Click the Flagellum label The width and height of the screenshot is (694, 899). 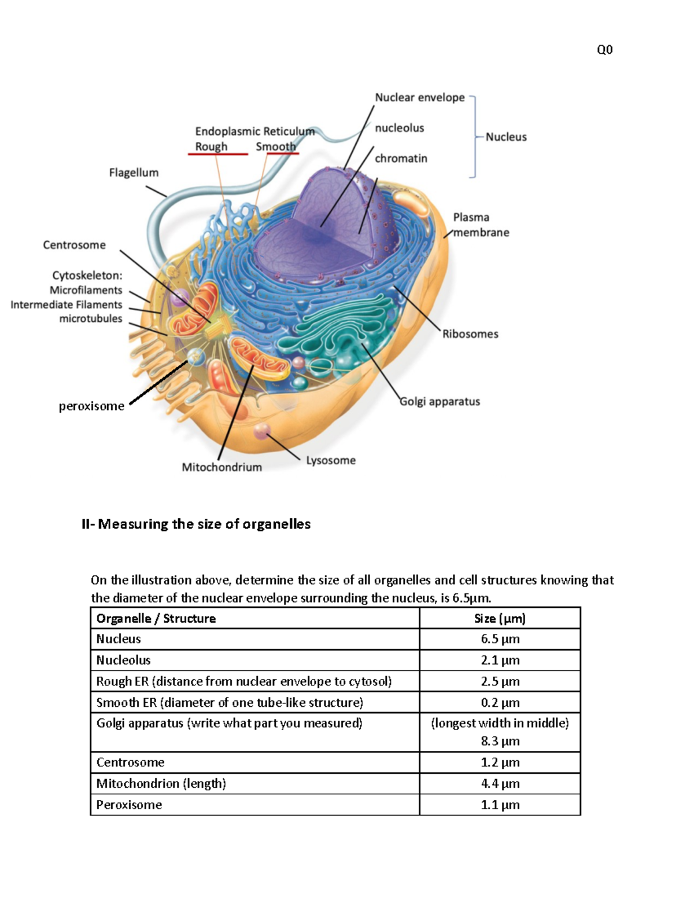click(x=134, y=173)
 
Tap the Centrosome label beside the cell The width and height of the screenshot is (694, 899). click(x=74, y=245)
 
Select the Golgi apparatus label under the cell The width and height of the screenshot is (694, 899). click(x=440, y=402)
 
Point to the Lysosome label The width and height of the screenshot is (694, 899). click(x=331, y=461)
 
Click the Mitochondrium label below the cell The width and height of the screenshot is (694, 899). click(x=222, y=467)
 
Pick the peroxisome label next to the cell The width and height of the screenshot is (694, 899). click(x=91, y=406)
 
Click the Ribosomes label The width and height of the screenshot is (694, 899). click(x=470, y=334)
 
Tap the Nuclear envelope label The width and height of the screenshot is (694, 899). click(x=419, y=97)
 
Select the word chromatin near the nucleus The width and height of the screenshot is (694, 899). click(x=401, y=158)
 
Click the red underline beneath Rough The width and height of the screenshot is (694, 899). click(x=217, y=155)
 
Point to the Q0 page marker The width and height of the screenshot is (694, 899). click(x=604, y=50)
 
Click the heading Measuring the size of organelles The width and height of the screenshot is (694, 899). click(x=196, y=524)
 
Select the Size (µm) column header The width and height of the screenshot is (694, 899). click(x=500, y=618)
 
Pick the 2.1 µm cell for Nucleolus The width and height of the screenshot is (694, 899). click(x=500, y=660)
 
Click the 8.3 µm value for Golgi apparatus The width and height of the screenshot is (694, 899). click(x=500, y=741)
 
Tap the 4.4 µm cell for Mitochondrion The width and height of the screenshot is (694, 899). click(x=500, y=783)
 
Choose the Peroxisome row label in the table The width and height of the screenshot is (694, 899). click(x=129, y=805)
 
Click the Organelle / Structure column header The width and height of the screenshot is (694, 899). click(x=156, y=618)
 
